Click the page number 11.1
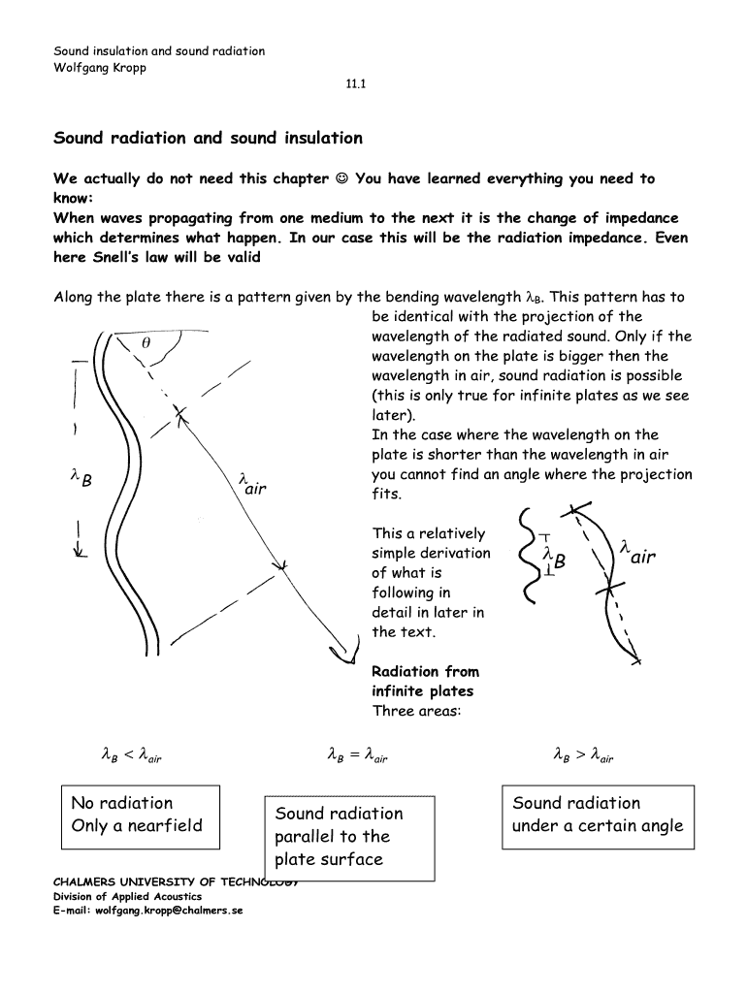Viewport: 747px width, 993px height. point(355,85)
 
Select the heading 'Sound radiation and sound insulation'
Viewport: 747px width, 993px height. point(208,138)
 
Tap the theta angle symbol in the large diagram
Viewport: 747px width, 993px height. point(146,343)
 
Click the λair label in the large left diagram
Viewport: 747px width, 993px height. point(251,483)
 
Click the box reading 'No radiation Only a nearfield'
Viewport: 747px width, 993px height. point(141,816)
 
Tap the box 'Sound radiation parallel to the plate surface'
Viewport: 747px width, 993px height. point(348,837)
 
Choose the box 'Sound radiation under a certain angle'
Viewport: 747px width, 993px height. point(597,816)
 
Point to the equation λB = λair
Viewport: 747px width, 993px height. point(358,753)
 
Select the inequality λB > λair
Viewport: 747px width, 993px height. point(583,753)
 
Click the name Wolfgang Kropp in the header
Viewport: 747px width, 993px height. point(100,68)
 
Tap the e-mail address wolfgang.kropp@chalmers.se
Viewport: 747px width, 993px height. point(147,912)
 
